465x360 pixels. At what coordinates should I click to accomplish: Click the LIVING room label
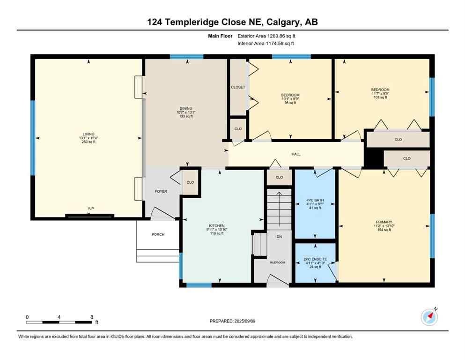(88, 134)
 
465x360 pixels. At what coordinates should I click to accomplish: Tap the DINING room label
(185, 108)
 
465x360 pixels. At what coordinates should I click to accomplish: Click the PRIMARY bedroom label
(384, 222)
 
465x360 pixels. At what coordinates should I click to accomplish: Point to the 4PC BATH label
(316, 200)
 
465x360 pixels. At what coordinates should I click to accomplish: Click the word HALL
(296, 154)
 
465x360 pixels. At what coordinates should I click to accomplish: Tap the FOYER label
(161, 191)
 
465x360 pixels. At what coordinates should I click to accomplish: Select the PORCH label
(158, 234)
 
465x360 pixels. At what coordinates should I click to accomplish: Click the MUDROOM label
(277, 262)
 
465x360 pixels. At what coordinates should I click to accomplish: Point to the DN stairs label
(279, 237)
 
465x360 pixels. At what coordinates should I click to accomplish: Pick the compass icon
(429, 317)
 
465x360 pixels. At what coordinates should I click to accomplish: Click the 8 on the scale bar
(91, 317)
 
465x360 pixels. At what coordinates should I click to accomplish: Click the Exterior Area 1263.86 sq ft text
(267, 36)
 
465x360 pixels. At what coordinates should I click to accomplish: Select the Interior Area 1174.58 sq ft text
(266, 44)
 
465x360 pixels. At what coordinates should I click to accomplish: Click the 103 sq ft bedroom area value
(380, 97)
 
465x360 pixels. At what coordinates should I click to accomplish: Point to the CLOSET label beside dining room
(238, 87)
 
